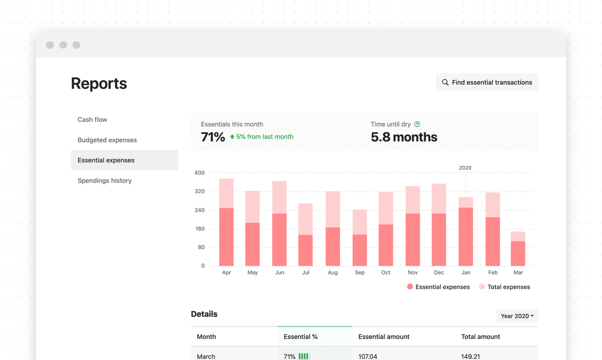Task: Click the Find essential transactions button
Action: click(x=487, y=82)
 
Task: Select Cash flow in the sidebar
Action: click(x=92, y=120)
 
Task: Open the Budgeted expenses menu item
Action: click(x=107, y=140)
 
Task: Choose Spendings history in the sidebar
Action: click(x=105, y=180)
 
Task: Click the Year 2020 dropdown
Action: click(x=517, y=316)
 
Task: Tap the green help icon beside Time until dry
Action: click(x=417, y=124)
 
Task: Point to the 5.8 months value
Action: click(x=404, y=137)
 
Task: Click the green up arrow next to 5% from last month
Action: click(x=232, y=137)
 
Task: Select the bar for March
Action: click(x=518, y=249)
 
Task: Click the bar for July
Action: click(x=305, y=235)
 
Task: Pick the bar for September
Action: click(x=360, y=238)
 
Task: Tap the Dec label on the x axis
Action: click(x=439, y=272)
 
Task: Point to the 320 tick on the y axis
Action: click(x=200, y=191)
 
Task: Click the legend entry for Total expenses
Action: click(x=504, y=287)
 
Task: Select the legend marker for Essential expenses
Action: click(x=410, y=287)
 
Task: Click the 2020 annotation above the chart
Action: click(x=465, y=168)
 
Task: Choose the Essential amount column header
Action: click(x=384, y=337)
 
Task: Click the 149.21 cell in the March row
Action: click(x=471, y=356)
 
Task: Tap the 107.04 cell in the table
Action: click(x=368, y=356)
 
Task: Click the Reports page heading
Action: click(x=99, y=83)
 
